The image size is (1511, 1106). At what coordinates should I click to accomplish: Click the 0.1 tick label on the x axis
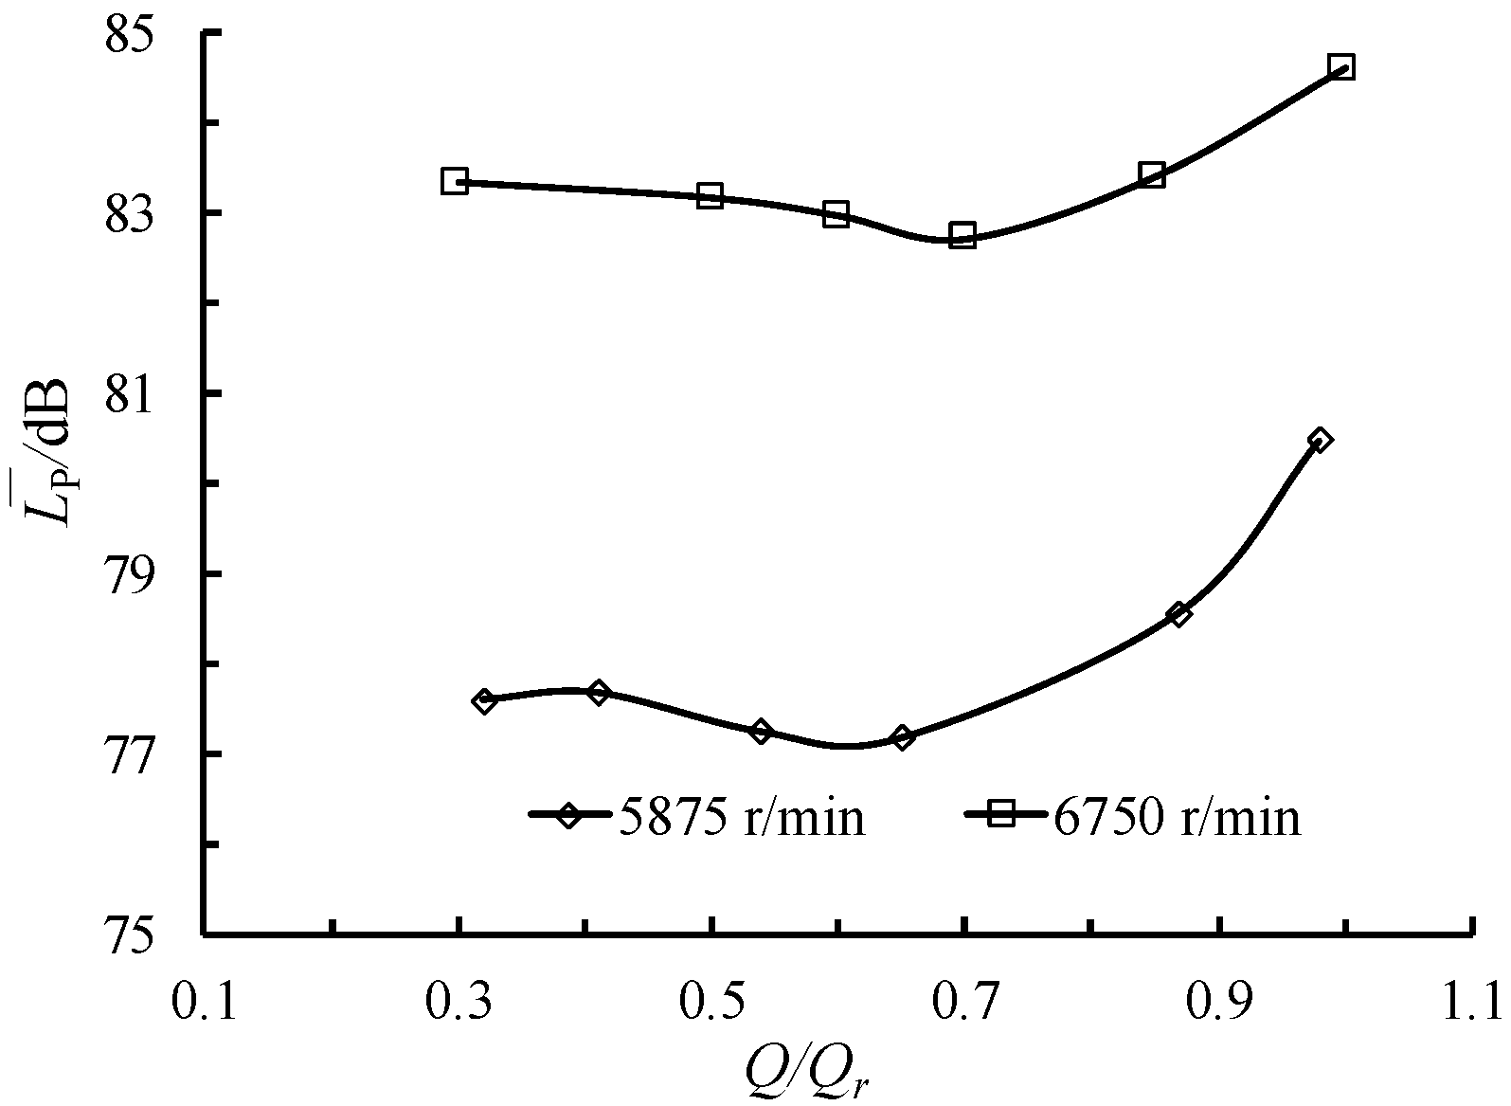(x=205, y=1003)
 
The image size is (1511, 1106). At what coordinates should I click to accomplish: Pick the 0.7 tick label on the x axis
(x=964, y=1003)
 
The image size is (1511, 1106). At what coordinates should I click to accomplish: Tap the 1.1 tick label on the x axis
(x=1470, y=1003)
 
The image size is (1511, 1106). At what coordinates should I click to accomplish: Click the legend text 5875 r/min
(x=742, y=816)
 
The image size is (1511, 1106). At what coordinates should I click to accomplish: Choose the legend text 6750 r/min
(x=1177, y=816)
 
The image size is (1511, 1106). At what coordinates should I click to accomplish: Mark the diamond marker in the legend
(x=567, y=814)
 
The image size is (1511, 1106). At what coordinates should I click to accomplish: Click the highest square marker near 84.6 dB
(x=1341, y=67)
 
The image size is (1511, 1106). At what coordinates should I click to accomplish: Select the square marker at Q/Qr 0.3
(x=455, y=181)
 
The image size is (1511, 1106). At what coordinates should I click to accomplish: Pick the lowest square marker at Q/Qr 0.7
(x=963, y=236)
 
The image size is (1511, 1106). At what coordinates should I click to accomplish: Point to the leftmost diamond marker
(x=485, y=701)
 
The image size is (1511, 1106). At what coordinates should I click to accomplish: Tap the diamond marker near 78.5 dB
(x=1179, y=614)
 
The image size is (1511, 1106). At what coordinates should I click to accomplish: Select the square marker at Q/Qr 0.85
(x=1152, y=174)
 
